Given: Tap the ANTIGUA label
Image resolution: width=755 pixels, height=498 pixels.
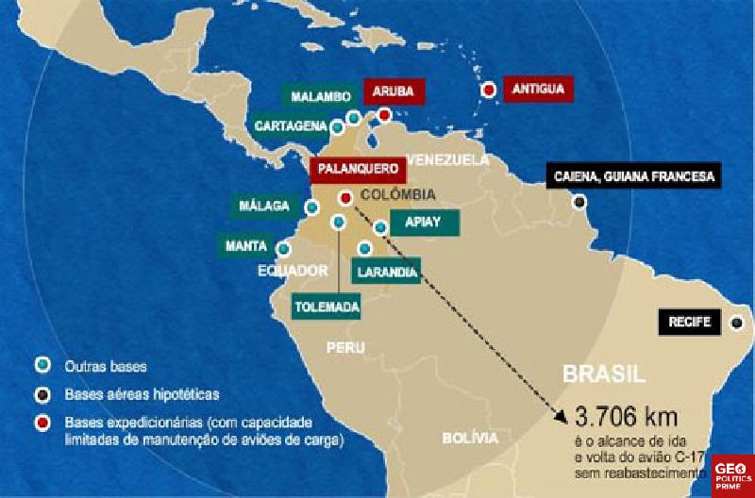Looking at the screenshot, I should tap(539, 90).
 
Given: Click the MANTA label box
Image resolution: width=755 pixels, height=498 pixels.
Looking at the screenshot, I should tap(246, 246).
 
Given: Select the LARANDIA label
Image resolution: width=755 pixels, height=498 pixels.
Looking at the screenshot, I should tap(384, 272).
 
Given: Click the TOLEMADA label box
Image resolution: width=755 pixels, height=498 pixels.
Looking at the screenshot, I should tap(327, 307).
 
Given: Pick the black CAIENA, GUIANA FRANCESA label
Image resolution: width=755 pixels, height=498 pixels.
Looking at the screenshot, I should tap(633, 175).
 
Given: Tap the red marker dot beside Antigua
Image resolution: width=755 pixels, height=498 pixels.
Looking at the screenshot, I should tap(489, 91).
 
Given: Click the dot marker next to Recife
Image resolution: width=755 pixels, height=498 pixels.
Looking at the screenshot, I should tap(736, 323).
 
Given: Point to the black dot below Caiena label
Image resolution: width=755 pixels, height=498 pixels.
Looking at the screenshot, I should tap(579, 201).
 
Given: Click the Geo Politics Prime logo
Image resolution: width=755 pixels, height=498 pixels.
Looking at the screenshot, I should tap(732, 474).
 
